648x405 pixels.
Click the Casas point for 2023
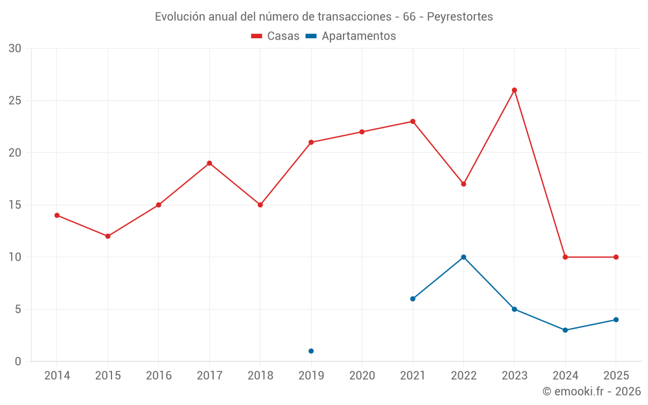click(x=515, y=90)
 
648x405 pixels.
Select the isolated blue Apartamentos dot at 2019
click(x=311, y=351)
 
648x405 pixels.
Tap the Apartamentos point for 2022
click(x=463, y=257)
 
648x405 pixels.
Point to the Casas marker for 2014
click(x=57, y=215)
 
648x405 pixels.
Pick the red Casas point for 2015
click(x=108, y=236)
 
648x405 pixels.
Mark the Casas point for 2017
click(x=209, y=163)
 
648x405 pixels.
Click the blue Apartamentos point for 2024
click(x=565, y=330)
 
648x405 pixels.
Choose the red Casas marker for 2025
click(x=616, y=257)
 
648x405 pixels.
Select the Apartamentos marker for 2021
click(x=413, y=299)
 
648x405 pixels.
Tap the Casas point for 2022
click(x=463, y=184)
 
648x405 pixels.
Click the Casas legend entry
click(x=275, y=36)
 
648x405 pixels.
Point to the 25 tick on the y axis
click(x=15, y=100)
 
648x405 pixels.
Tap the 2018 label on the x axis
click(x=260, y=376)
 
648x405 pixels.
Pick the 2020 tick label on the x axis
click(x=362, y=376)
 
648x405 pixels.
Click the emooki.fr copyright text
click(x=592, y=391)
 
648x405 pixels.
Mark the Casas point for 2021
click(x=413, y=121)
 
